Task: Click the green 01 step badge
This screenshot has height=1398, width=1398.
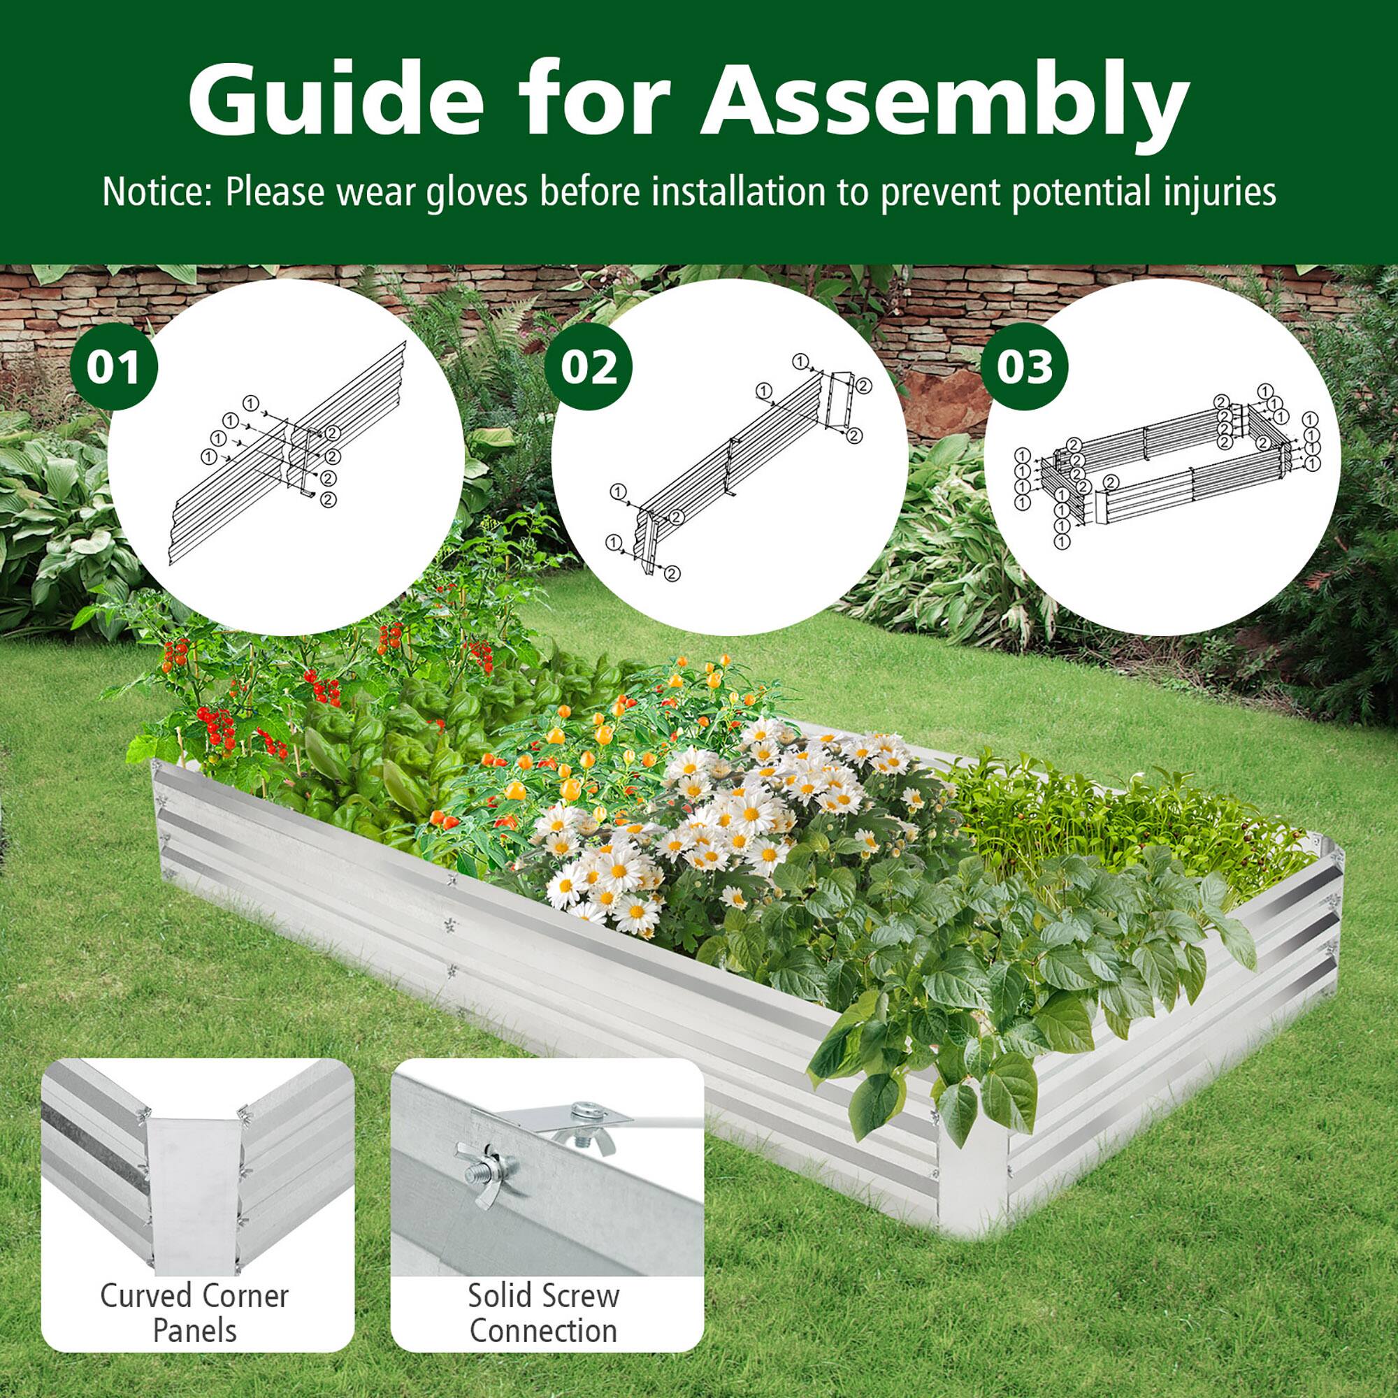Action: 114,368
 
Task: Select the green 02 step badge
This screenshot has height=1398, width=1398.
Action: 590,368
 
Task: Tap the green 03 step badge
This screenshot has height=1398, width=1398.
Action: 1025,368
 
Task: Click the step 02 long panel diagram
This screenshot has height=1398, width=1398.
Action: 731,463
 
